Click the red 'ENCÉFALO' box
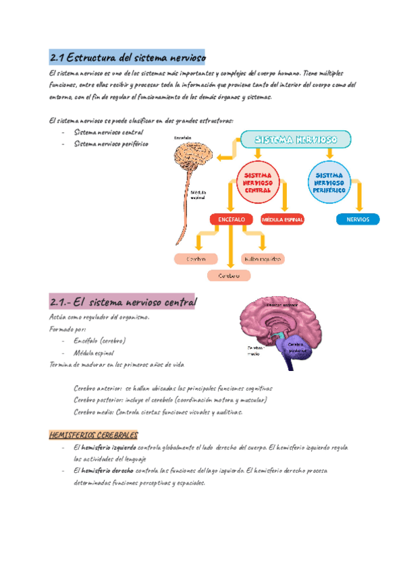click(231, 219)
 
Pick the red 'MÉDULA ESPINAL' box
click(283, 219)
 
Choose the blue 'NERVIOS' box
click(357, 219)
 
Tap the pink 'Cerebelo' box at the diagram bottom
click(229, 275)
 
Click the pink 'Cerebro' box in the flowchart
click(196, 258)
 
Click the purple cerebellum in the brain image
click(297, 347)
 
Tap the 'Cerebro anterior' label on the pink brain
click(281, 305)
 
